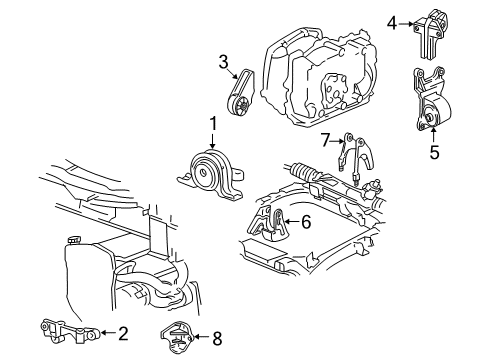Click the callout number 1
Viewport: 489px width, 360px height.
coord(213,123)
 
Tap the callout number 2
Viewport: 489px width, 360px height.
coord(123,333)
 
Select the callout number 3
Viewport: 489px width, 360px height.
coord(223,62)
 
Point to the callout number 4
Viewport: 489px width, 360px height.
coord(392,24)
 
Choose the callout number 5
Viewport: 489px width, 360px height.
coord(434,152)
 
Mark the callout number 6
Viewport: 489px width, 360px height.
coord(306,222)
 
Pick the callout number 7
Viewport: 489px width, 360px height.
coord(325,140)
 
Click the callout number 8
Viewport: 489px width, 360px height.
coord(217,339)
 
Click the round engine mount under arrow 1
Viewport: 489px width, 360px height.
coord(210,176)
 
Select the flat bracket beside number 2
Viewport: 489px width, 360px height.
coord(69,331)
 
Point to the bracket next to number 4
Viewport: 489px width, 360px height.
coord(430,33)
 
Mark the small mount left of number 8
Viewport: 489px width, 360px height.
coord(177,337)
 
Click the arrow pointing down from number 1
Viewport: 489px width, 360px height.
coord(212,141)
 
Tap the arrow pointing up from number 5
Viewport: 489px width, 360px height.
coord(434,135)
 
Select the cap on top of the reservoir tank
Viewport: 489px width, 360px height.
coord(74,240)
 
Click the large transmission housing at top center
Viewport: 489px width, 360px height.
coord(320,77)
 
